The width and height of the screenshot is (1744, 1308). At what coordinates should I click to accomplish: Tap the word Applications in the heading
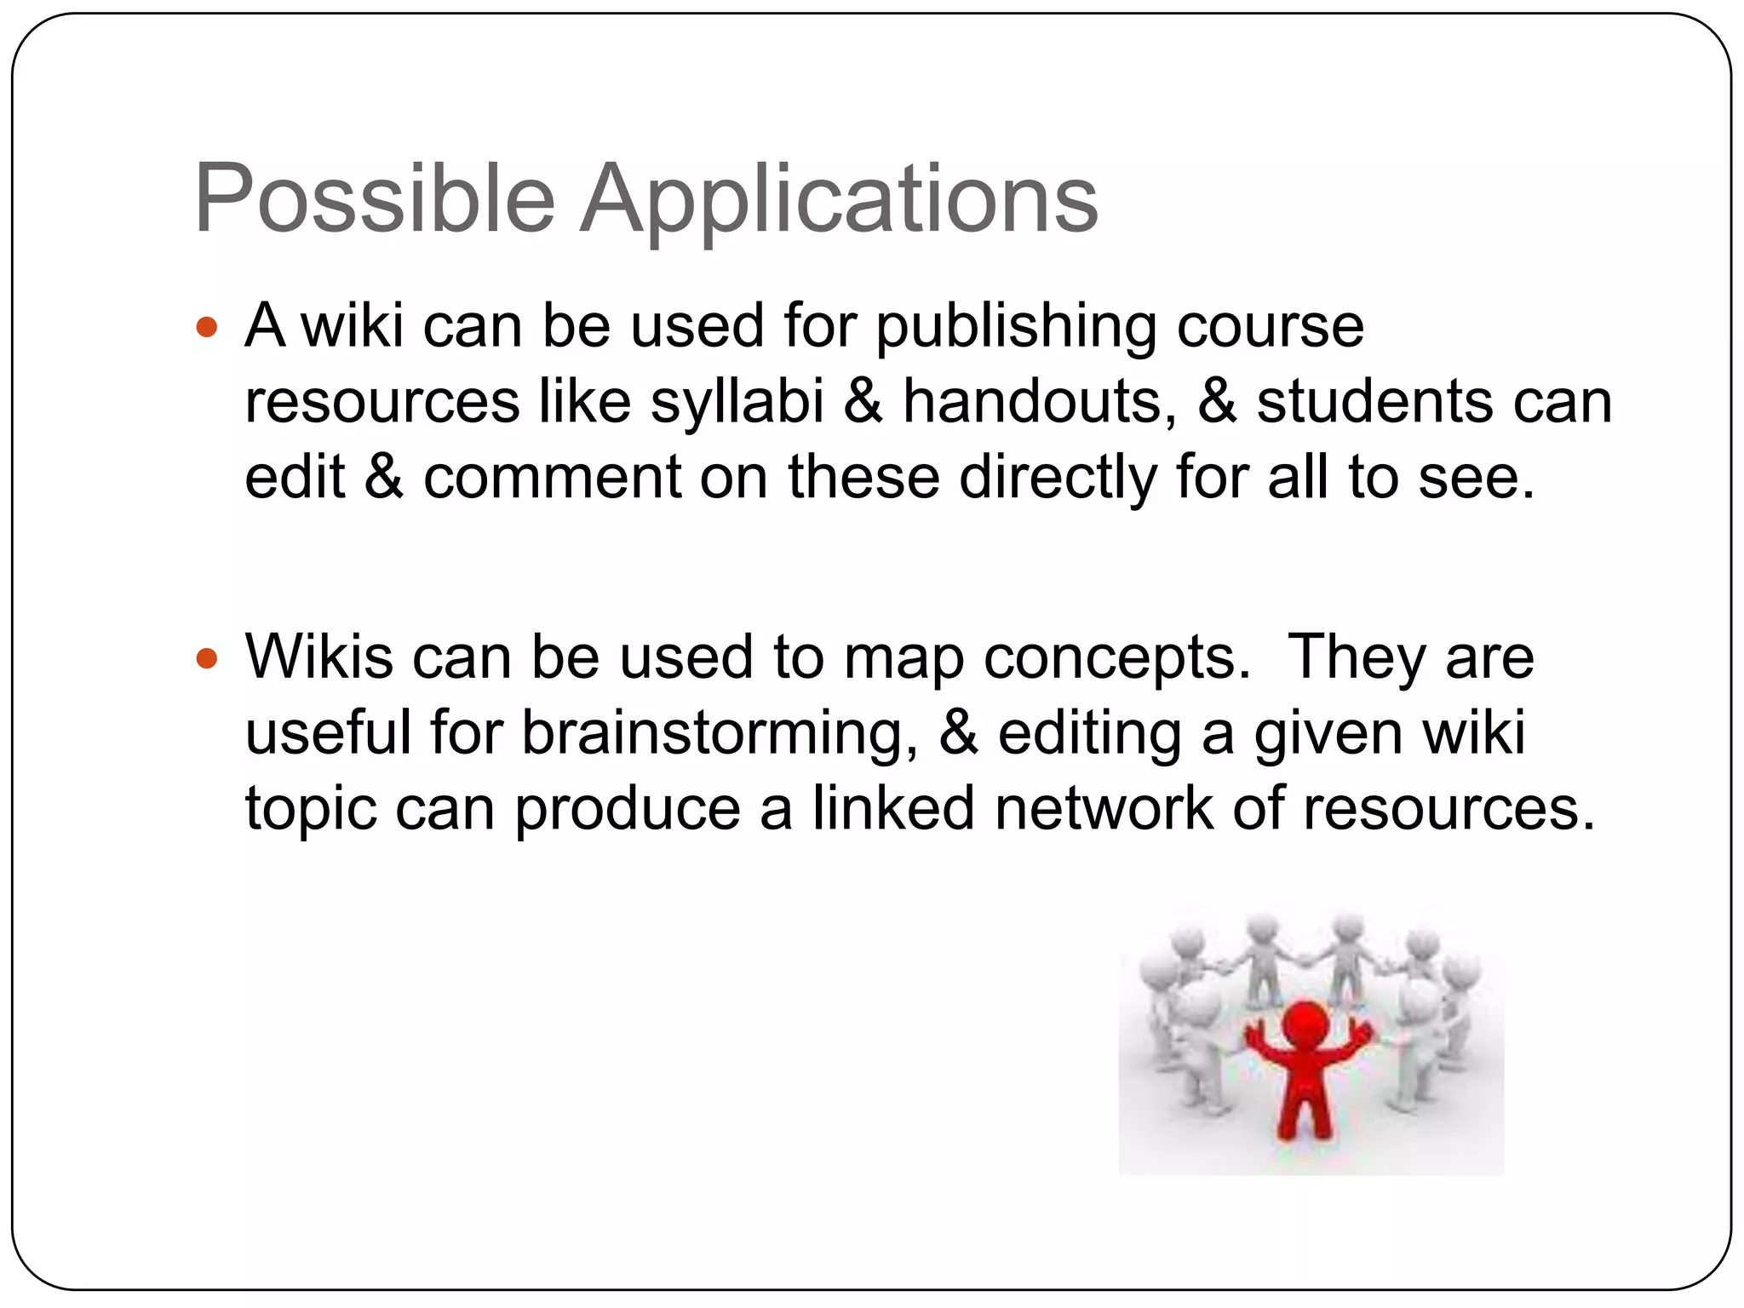point(839,202)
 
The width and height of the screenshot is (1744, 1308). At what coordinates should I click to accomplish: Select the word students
point(1374,401)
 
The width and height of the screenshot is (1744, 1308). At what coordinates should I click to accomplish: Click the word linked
point(893,807)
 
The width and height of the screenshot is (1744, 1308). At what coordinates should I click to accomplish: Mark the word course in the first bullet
point(1271,327)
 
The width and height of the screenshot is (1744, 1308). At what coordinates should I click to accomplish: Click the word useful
point(328,732)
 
